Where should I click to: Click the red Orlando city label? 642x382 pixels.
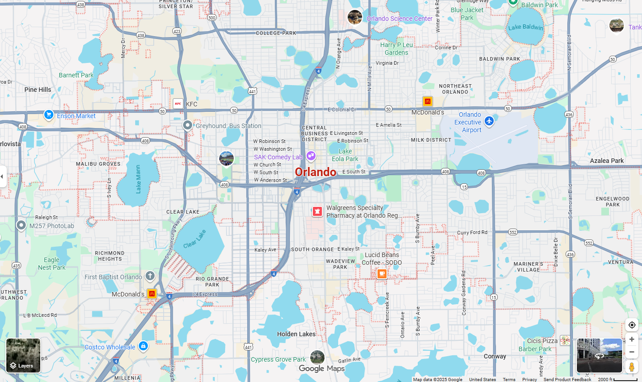(x=315, y=172)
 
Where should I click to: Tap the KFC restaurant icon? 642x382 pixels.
(x=178, y=104)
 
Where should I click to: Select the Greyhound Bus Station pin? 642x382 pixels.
(x=188, y=125)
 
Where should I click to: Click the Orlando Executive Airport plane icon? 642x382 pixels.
(x=489, y=121)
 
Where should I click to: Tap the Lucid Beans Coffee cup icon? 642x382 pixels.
(x=382, y=273)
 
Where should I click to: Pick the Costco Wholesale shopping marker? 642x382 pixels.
(x=143, y=346)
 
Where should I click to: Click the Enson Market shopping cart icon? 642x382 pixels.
(x=49, y=115)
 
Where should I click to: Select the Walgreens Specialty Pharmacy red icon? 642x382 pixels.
(x=317, y=211)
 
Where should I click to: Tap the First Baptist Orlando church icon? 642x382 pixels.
(x=150, y=276)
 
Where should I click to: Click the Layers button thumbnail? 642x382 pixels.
(x=23, y=355)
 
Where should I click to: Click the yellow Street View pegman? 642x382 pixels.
(x=632, y=367)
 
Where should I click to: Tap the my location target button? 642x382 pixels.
(x=632, y=325)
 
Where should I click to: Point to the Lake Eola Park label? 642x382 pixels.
(x=345, y=155)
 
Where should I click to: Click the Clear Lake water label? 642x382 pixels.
(x=195, y=239)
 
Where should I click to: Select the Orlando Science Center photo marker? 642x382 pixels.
(x=355, y=17)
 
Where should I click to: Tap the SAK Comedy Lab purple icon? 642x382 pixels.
(x=311, y=156)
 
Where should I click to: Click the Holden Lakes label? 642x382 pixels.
(x=296, y=334)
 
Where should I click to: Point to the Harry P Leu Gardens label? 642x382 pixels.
(x=397, y=49)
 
